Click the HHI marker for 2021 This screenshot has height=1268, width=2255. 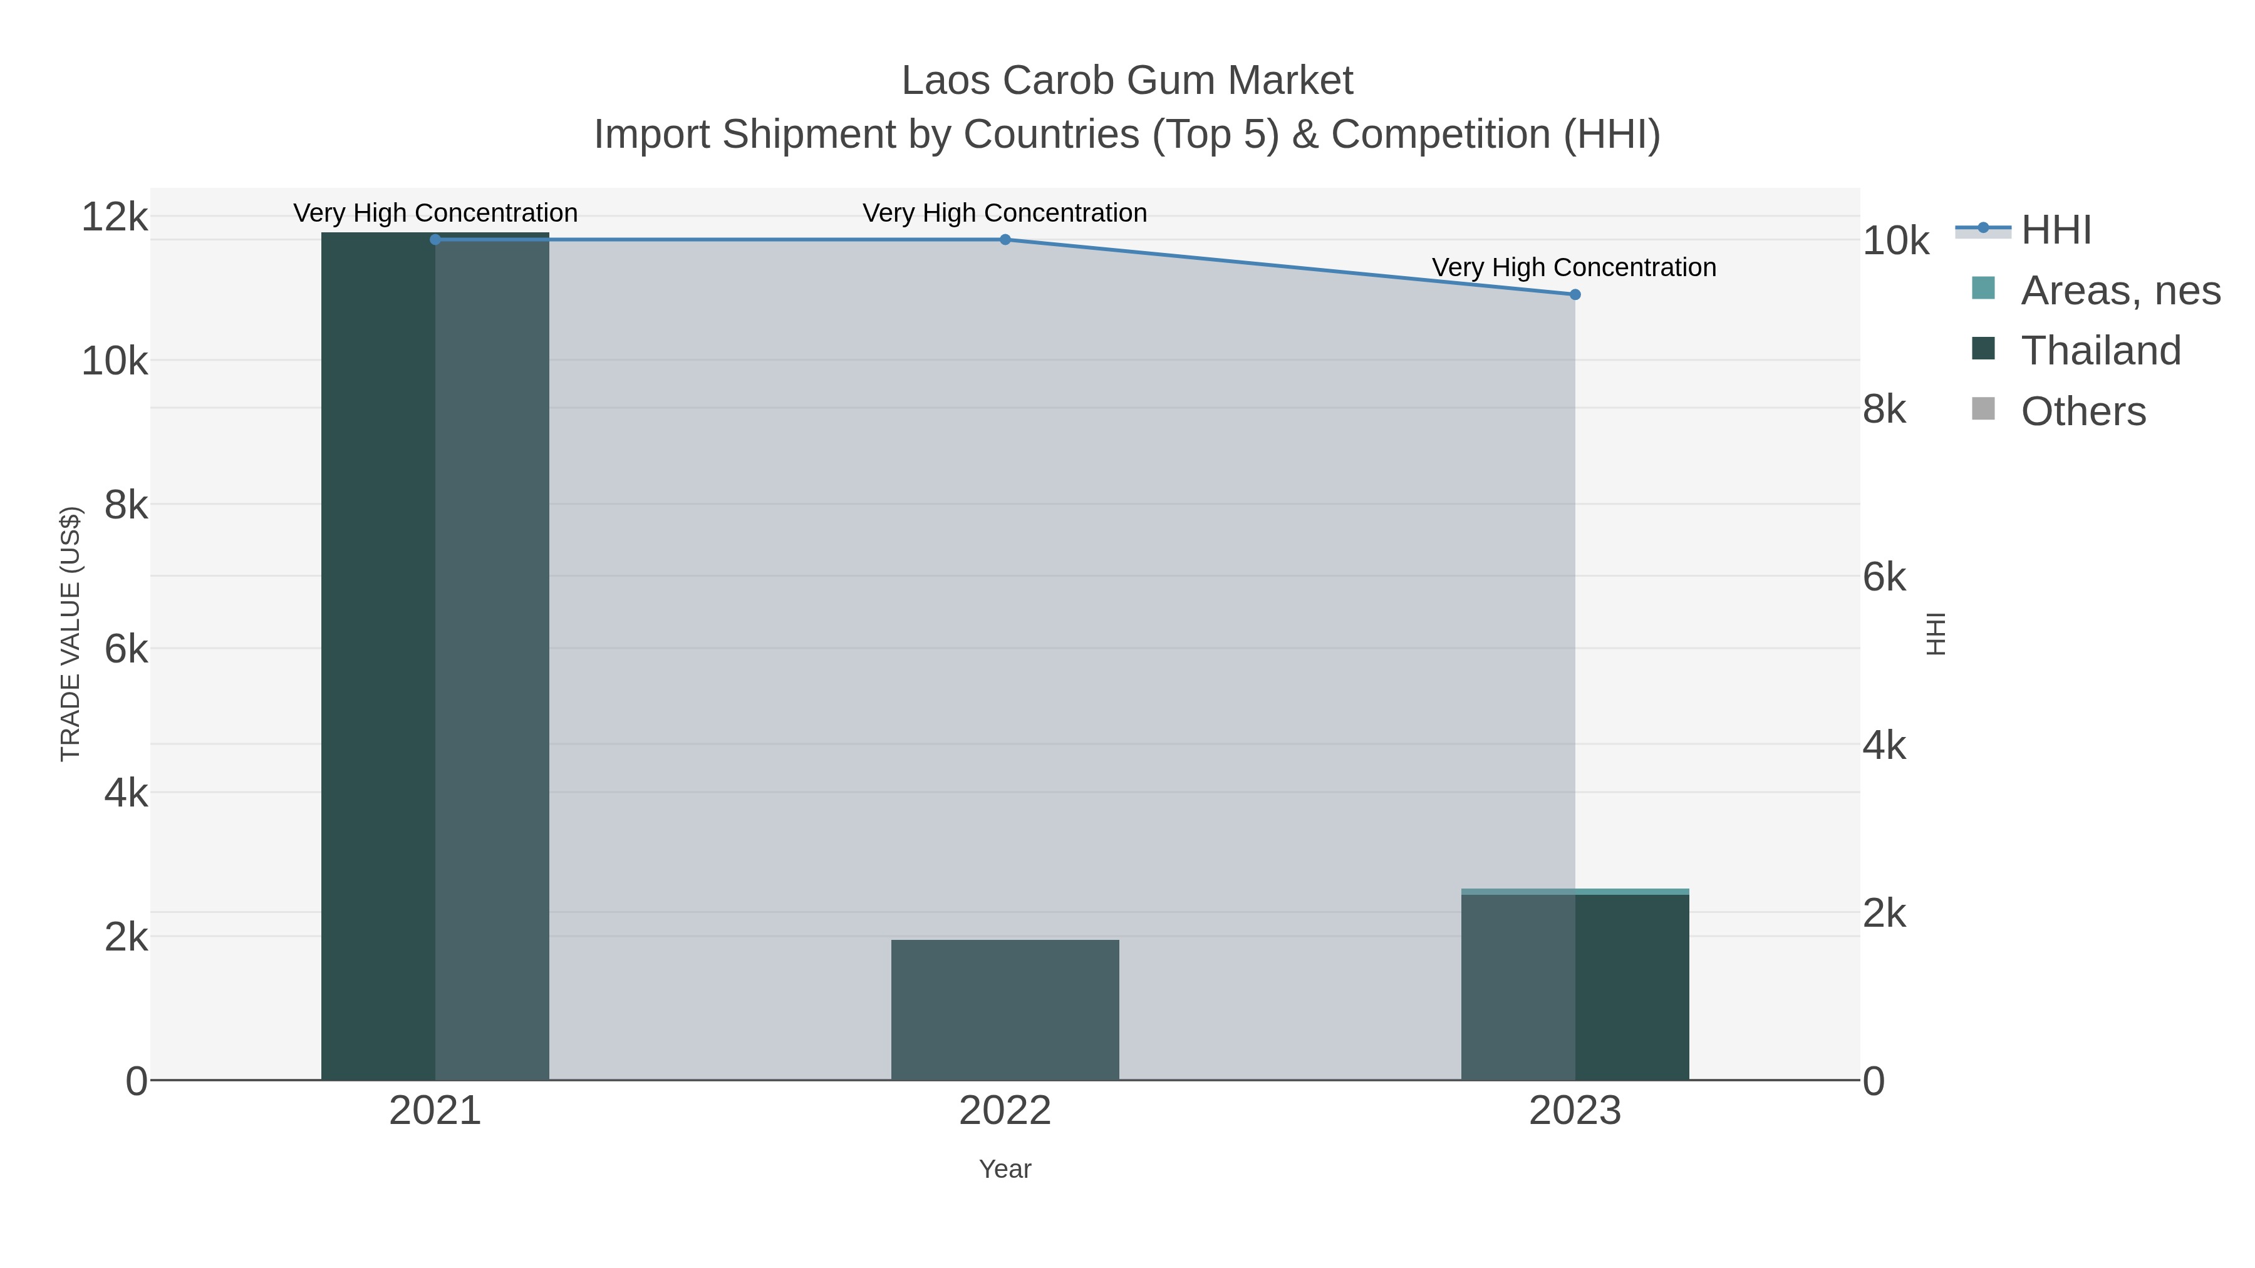[435, 240]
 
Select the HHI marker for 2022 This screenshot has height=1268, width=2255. [1005, 240]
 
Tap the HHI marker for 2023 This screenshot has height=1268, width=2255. [1575, 295]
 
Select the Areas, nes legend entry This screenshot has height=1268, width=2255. [2119, 291]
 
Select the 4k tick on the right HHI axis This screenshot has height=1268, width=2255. [1884, 746]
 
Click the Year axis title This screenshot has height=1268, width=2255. [1005, 1169]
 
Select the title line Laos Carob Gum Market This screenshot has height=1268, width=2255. [1127, 81]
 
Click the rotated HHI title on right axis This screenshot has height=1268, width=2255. [1935, 634]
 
